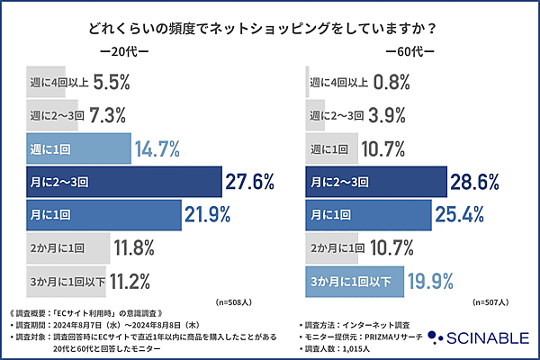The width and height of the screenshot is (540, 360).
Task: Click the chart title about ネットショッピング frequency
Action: [270, 28]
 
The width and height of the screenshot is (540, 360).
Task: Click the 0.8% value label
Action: [389, 82]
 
